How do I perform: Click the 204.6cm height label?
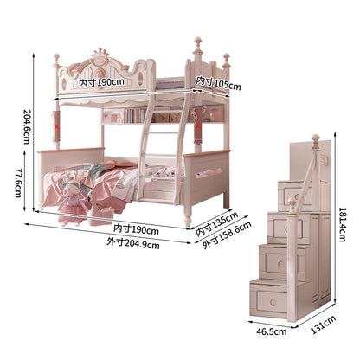pyautogui.click(x=27, y=126)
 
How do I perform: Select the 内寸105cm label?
pyautogui.click(x=218, y=83)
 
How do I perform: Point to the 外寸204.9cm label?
pyautogui.click(x=133, y=243)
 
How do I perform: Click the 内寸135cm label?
pyautogui.click(x=216, y=223)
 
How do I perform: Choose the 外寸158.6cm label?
pyautogui.click(x=227, y=235)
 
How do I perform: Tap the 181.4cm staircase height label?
pyautogui.click(x=342, y=224)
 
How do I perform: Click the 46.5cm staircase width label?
pyautogui.click(x=272, y=331)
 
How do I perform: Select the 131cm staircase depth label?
pyautogui.click(x=323, y=325)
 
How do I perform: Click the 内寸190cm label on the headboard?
pyautogui.click(x=101, y=83)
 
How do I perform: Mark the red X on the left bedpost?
pyautogui.click(x=57, y=126)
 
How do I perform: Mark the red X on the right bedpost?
pyautogui.click(x=198, y=125)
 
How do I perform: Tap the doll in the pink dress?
pyautogui.click(x=71, y=202)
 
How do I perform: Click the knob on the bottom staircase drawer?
pyautogui.click(x=273, y=303)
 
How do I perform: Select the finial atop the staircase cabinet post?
pyautogui.click(x=316, y=140)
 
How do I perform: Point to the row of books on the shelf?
pyautogui.click(x=134, y=115)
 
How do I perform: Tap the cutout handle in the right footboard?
pyautogui.click(x=209, y=173)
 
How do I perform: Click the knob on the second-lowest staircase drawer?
pyautogui.click(x=281, y=264)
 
